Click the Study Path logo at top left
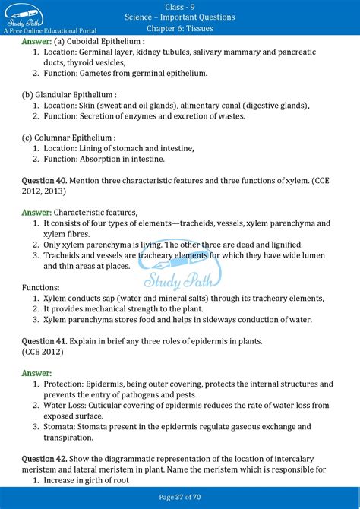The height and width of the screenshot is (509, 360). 25,17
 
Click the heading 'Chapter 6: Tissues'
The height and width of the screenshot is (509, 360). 180,29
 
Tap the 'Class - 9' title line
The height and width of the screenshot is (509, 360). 180,6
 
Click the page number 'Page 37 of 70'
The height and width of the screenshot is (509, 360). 180,496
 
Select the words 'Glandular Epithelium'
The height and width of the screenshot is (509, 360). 77,95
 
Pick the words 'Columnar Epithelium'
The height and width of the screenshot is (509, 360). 75,138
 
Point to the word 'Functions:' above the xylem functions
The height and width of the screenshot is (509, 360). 41,288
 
